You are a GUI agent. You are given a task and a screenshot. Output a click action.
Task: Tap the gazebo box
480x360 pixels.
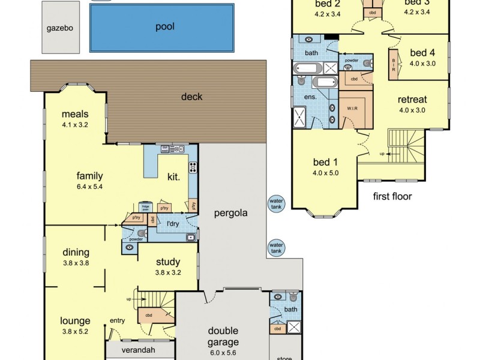point(59,28)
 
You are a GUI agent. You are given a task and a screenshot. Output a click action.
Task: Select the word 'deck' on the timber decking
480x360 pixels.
point(192,97)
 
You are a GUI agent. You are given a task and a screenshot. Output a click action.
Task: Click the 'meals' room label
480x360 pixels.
point(74,115)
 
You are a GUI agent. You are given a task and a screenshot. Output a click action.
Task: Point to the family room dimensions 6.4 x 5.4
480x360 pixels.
point(89,187)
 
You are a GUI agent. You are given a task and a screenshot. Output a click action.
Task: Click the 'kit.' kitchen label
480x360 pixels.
point(175,176)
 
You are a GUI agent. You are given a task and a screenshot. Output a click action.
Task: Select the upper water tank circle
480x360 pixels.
point(276,204)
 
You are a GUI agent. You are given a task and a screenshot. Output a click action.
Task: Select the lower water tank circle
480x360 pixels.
point(276,247)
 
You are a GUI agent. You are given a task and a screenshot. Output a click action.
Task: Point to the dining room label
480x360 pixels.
point(76,252)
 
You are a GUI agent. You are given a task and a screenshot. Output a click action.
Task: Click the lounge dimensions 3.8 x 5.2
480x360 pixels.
point(75,331)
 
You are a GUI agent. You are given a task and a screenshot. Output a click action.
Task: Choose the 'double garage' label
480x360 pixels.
point(223,336)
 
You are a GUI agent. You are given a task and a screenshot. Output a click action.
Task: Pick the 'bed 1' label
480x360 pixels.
point(326,161)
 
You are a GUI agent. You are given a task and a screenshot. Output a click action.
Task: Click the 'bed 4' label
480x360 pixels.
point(422,52)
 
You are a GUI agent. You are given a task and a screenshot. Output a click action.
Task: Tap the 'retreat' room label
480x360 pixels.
point(412,100)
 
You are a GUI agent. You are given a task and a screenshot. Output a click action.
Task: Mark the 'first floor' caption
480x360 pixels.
point(392,196)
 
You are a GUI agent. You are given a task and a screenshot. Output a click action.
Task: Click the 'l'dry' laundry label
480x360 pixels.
point(173,224)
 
